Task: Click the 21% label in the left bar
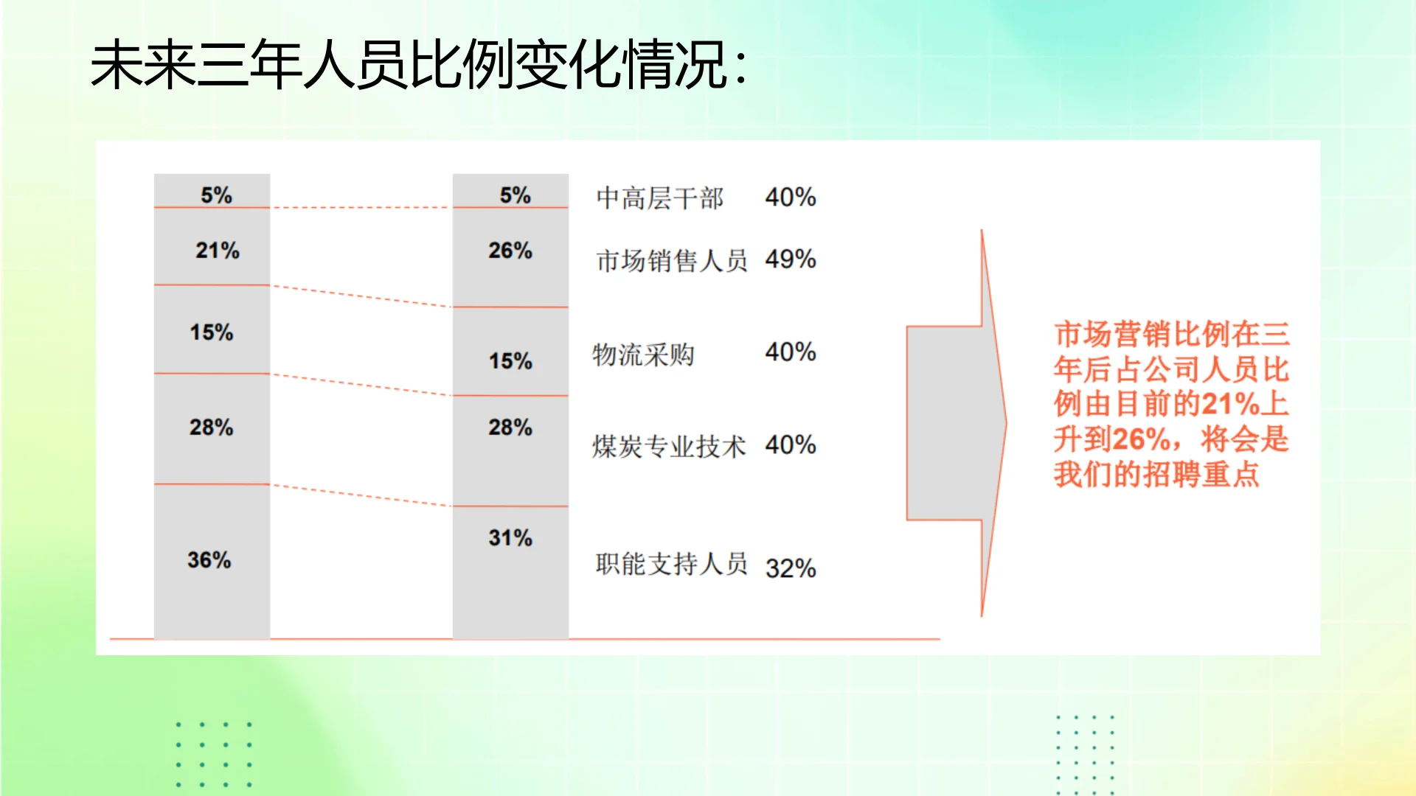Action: [x=218, y=251]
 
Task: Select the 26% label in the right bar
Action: [x=510, y=251]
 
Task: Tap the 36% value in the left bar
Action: [x=209, y=560]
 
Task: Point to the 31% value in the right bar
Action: [x=510, y=538]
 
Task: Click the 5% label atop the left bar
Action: [x=216, y=195]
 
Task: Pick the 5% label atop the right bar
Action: [x=515, y=195]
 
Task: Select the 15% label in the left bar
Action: [x=212, y=332]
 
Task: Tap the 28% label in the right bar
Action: [x=510, y=427]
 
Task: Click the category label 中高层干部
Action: [x=660, y=198]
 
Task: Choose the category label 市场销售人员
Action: [x=672, y=261]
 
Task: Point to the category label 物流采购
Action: [x=643, y=355]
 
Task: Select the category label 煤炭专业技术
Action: [x=669, y=447]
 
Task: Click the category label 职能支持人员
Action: [x=672, y=565]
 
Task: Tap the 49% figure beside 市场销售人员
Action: [x=791, y=259]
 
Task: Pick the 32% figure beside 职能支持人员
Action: [x=791, y=568]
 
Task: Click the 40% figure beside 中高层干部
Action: [x=791, y=198]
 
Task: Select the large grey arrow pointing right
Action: [x=956, y=423]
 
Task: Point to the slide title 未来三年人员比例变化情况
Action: [x=419, y=66]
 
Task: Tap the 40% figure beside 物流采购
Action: [x=791, y=352]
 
